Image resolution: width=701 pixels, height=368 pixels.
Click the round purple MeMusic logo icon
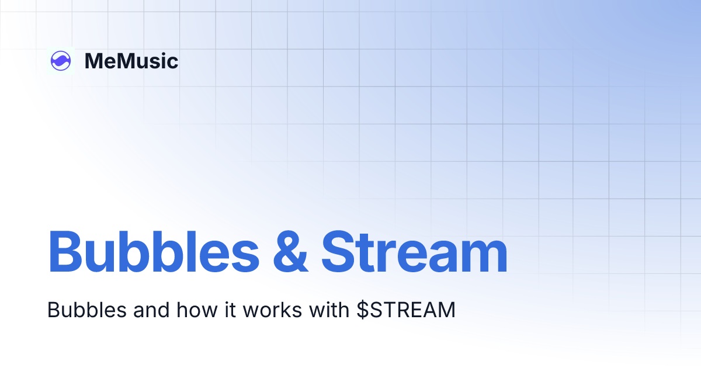click(x=61, y=61)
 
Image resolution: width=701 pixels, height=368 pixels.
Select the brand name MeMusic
click(x=131, y=61)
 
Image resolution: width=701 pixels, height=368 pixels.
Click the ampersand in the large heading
click(x=290, y=252)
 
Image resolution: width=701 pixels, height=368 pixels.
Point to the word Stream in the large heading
click(x=414, y=252)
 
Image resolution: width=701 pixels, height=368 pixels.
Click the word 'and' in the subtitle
click(x=149, y=310)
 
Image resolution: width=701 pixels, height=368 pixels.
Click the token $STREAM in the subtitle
click(x=406, y=310)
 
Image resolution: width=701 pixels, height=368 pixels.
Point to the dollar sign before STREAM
click(x=362, y=310)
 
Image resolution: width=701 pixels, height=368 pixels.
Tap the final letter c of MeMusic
click(x=172, y=63)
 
